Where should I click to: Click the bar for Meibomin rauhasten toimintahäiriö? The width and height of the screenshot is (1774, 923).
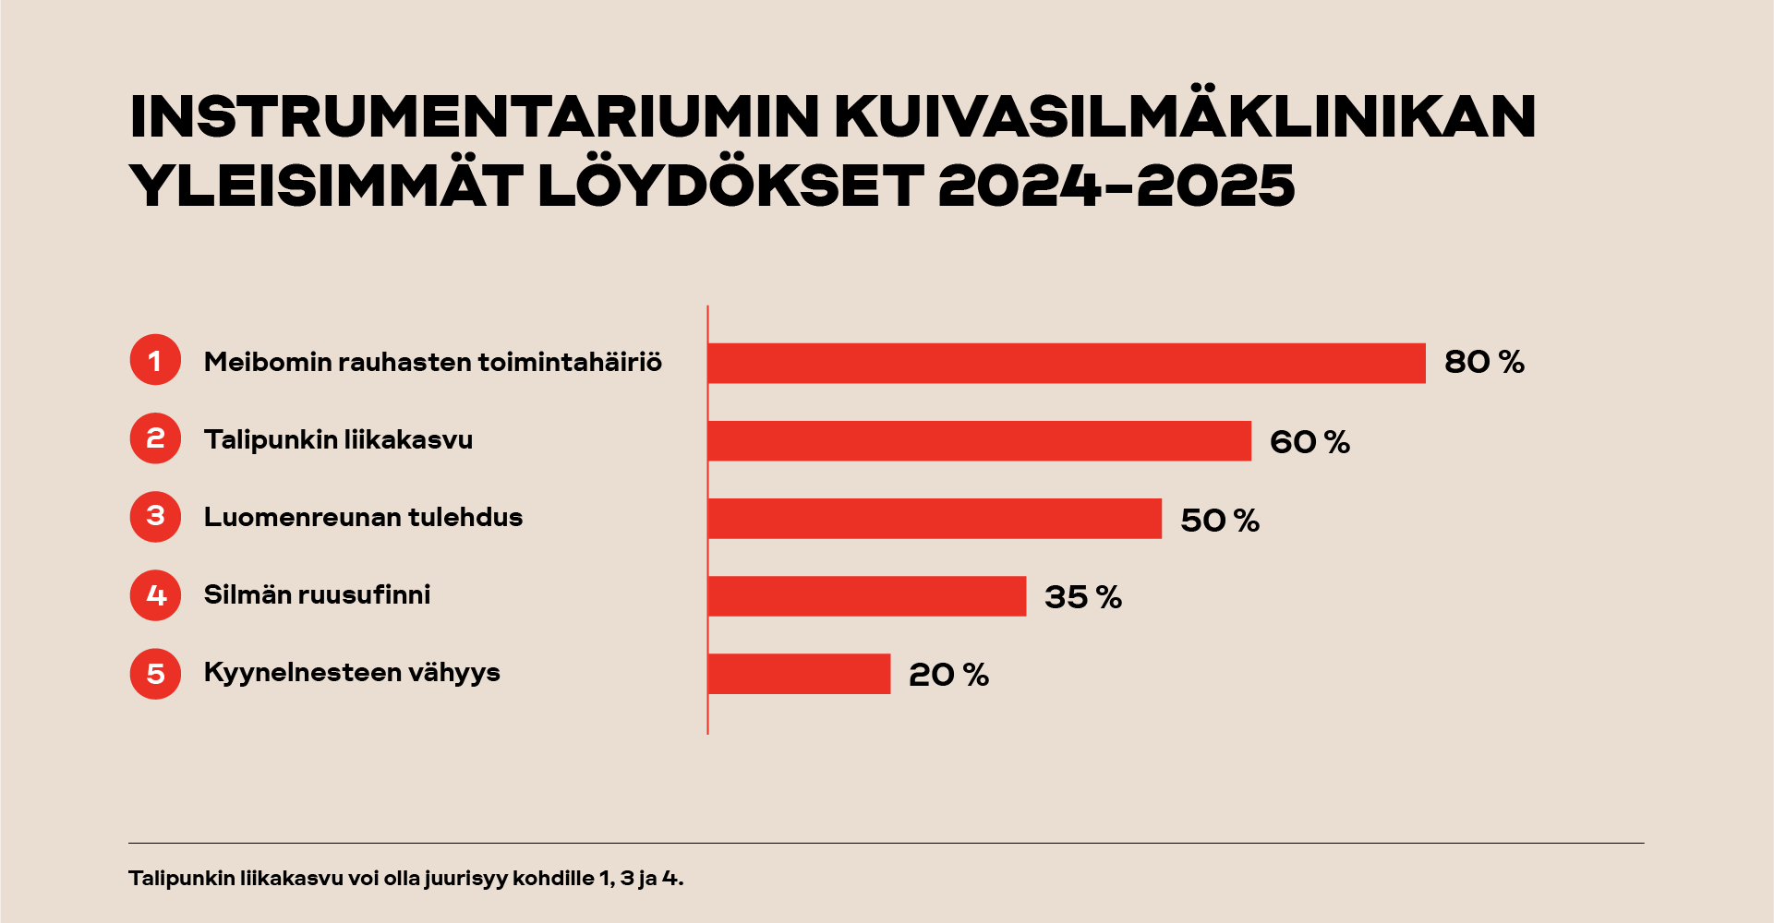tap(1066, 363)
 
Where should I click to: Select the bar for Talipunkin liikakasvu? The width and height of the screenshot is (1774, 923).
tap(979, 440)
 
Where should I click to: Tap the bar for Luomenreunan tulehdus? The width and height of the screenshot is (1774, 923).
tap(934, 518)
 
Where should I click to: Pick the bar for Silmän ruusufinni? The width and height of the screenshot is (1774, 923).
tap(866, 595)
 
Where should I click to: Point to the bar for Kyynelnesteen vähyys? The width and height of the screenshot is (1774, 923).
tap(799, 673)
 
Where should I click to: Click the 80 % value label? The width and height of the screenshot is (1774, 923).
tap(1483, 362)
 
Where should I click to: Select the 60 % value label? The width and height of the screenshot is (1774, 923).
tap(1309, 441)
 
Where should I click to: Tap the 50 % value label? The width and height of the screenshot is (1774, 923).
tap(1219, 520)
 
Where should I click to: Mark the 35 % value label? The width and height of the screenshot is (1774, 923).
tap(1082, 597)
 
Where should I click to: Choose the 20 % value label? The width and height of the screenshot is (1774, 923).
tap(947, 675)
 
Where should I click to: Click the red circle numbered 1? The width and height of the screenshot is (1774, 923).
tap(155, 360)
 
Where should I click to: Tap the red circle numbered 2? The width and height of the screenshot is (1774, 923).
tap(155, 438)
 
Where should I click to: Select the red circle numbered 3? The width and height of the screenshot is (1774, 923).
tap(155, 516)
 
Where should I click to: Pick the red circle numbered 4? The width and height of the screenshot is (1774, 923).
tap(155, 594)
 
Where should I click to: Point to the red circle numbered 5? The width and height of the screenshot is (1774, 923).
tap(155, 673)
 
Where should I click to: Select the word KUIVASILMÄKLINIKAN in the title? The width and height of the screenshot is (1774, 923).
tap(1185, 116)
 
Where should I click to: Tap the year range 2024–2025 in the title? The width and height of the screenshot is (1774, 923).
tap(1116, 186)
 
